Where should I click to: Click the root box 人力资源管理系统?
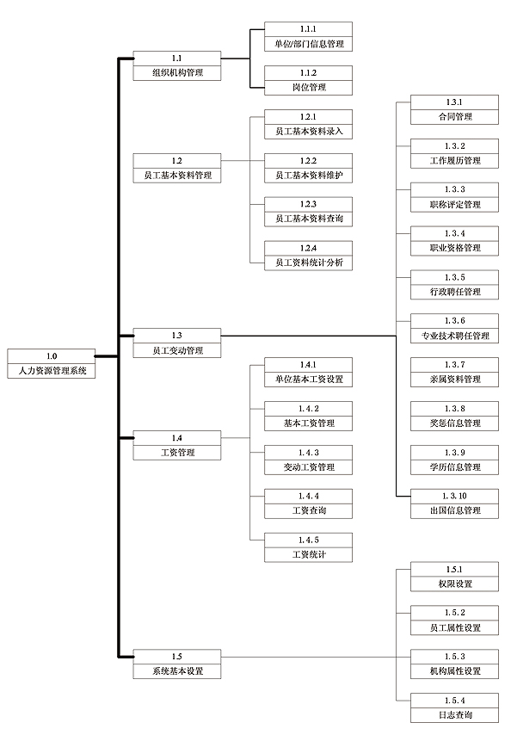[52, 364]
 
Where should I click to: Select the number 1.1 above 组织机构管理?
[176, 59]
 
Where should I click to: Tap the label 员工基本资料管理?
[177, 176]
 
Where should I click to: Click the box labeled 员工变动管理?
[177, 343]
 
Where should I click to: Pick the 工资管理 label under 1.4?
[177, 453]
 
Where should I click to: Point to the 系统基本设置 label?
[177, 670]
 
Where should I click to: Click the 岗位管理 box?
[308, 80]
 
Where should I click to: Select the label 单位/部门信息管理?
[309, 44]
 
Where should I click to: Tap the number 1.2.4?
[308, 248]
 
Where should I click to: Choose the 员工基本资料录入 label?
[309, 131]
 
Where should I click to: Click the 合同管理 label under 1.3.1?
[455, 117]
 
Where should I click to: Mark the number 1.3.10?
[454, 496]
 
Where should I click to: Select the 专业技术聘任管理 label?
[455, 336]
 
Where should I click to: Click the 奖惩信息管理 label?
[455, 423]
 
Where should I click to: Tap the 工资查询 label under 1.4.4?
[309, 510]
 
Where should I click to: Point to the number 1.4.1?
[308, 365]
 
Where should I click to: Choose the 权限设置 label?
[455, 584]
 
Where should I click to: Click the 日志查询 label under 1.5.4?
[455, 715]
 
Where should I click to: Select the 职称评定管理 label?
[455, 204]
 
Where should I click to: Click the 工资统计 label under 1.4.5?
[309, 554]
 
